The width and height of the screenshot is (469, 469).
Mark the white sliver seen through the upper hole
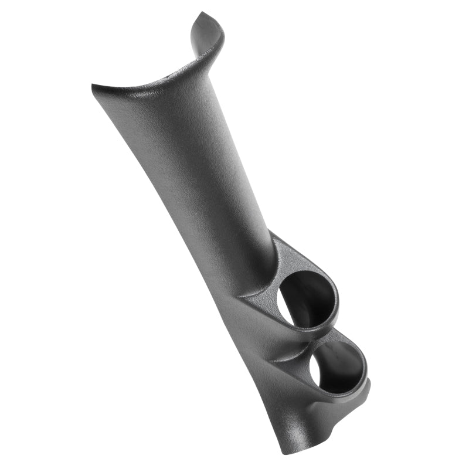[x=287, y=305]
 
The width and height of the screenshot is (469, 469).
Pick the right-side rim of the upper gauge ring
[x=337, y=296]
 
